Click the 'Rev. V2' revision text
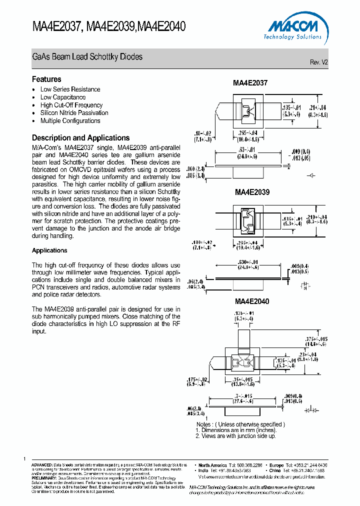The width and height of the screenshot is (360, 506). pos(319,62)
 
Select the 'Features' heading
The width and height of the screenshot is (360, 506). pos(46,79)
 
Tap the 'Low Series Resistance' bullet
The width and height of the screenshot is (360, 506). pos(70,89)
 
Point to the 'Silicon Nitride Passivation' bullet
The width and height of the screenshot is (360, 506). pos(74,113)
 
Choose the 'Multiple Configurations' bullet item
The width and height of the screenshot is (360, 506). pos(70,121)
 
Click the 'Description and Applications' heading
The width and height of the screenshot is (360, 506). pos(80,138)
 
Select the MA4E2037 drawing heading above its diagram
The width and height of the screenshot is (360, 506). pos(250,83)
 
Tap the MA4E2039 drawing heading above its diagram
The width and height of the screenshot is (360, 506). pos(252,192)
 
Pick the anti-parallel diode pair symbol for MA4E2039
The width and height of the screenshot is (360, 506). pos(305,286)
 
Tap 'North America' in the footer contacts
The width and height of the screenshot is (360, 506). pos(212,465)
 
